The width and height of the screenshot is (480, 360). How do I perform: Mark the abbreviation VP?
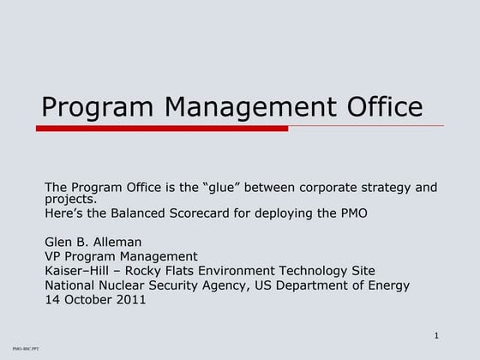click(x=53, y=256)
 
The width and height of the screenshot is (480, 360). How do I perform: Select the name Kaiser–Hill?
click(x=77, y=271)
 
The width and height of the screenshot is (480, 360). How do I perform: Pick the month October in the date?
click(x=88, y=300)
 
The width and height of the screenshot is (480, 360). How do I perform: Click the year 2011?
click(x=130, y=300)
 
